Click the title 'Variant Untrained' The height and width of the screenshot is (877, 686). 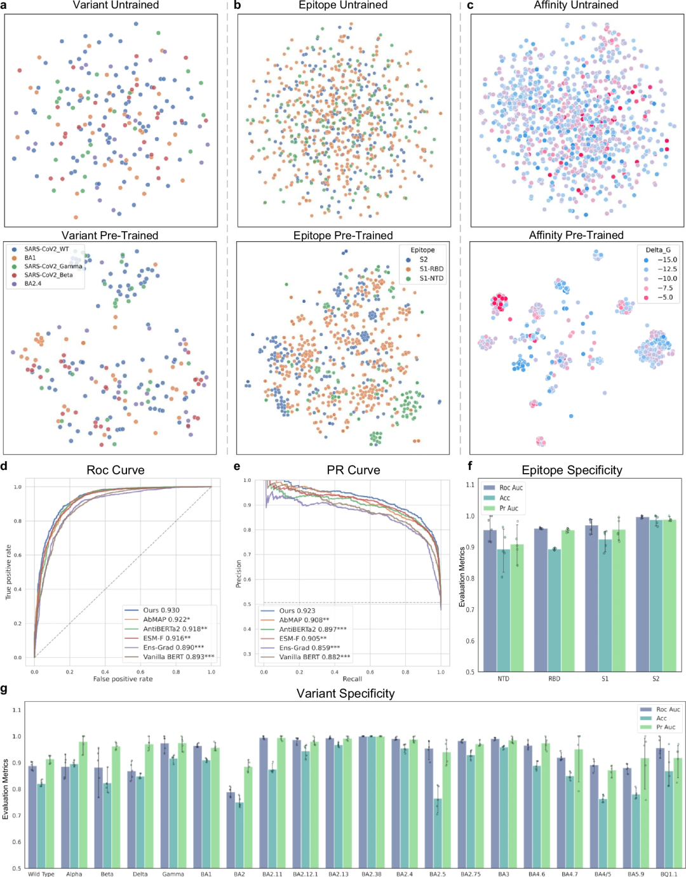(x=116, y=5)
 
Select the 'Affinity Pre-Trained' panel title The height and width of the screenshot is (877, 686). (x=576, y=235)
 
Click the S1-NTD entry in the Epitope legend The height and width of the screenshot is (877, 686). (x=431, y=278)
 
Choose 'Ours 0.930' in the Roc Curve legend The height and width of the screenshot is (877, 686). (x=161, y=610)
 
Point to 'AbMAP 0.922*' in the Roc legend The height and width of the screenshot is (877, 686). (x=166, y=619)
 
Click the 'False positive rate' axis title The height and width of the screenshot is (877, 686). (x=123, y=679)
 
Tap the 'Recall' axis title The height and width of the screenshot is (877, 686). (x=353, y=679)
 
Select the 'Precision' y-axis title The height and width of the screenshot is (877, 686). (x=239, y=573)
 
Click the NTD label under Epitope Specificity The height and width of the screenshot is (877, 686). (x=503, y=679)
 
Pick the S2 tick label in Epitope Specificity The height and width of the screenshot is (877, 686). (x=656, y=679)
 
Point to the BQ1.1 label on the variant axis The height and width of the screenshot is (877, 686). (x=669, y=874)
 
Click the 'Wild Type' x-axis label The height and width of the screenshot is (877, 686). (x=41, y=874)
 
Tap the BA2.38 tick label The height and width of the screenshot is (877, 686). (x=372, y=874)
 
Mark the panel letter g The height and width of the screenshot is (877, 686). (x=4, y=690)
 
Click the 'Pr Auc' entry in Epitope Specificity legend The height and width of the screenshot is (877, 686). (x=508, y=508)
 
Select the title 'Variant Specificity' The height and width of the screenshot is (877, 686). (x=346, y=693)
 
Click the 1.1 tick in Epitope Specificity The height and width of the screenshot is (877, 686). (x=470, y=485)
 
